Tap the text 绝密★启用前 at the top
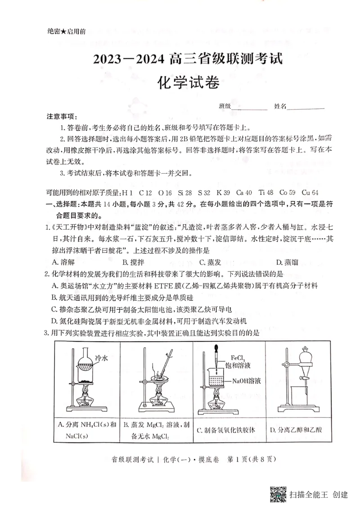[x=67, y=31]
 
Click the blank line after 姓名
[x=306, y=107]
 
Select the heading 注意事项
[x=62, y=116]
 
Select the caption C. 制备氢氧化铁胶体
[x=226, y=430]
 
